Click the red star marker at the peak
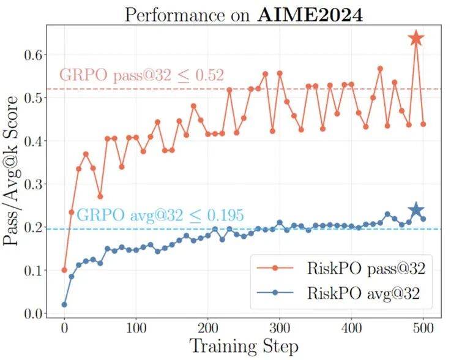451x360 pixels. [x=416, y=39]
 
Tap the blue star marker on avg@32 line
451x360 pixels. [x=416, y=210]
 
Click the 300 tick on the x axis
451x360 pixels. [x=280, y=327]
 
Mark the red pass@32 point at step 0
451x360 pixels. [x=64, y=270]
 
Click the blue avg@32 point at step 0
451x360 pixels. [x=64, y=304]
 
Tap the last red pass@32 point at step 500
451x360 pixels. [x=423, y=124]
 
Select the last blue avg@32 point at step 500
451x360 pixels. [x=423, y=219]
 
